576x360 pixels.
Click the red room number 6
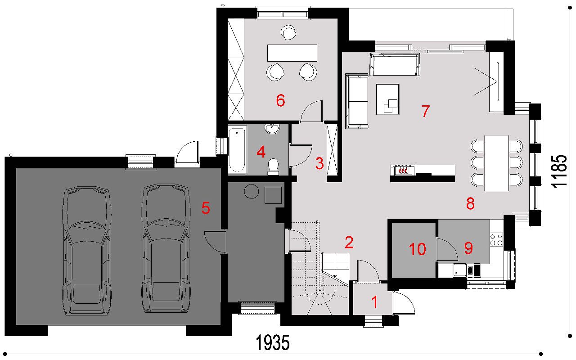280,100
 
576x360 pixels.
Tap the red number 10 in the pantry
417,249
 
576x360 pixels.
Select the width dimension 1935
273,342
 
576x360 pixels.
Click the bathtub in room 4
237,149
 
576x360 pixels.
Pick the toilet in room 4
273,166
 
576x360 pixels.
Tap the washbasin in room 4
272,129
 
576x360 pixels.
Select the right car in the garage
166,248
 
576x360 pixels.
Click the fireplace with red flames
403,170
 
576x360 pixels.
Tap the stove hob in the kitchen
496,239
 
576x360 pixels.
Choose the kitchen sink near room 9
459,270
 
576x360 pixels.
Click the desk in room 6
292,53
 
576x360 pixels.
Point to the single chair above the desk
288,32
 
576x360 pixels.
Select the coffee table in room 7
388,99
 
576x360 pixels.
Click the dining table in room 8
496,163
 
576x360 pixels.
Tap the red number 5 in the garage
206,208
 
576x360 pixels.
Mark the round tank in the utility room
251,191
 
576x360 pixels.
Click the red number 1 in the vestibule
374,302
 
